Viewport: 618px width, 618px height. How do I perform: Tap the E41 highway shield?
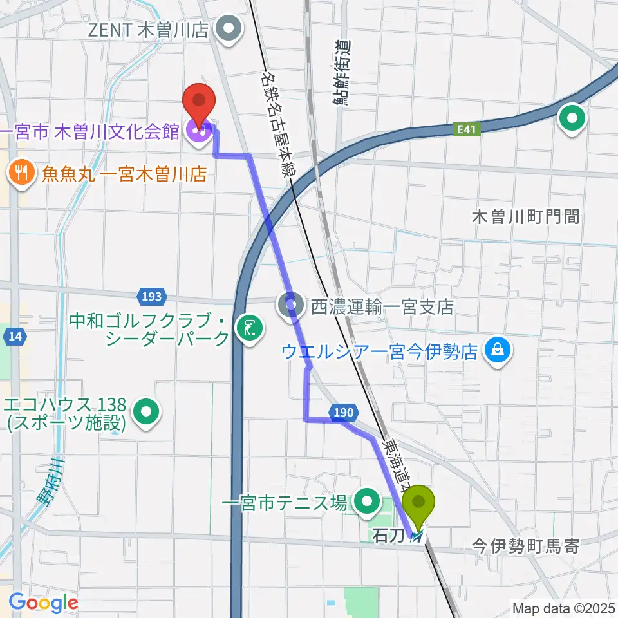tap(468, 129)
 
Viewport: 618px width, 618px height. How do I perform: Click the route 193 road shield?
tap(149, 297)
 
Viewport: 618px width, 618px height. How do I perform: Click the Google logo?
tap(43, 603)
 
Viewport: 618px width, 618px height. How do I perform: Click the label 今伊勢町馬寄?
tap(527, 547)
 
